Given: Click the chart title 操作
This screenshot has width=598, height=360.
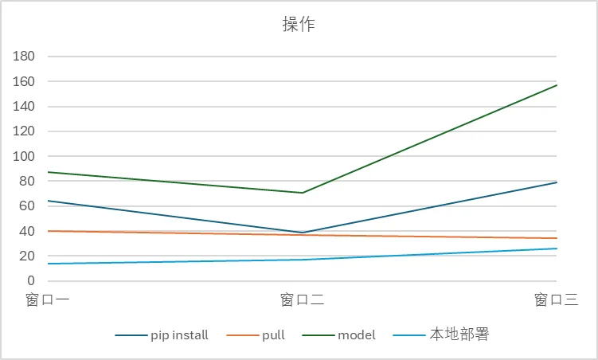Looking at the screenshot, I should (299, 25).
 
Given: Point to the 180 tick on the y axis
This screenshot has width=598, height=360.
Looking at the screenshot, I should (25, 57).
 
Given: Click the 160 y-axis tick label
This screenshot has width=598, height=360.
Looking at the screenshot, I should (25, 81).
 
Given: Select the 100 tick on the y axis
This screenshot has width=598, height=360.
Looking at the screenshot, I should (25, 156).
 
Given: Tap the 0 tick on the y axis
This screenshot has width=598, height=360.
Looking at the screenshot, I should (31, 281).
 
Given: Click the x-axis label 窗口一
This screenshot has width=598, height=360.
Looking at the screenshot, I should (48, 300).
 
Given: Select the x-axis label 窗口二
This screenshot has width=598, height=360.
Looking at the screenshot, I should (302, 300).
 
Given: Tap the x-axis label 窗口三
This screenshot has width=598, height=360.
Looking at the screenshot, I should (556, 300).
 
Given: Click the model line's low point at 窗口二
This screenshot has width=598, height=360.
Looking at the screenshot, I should (303, 193).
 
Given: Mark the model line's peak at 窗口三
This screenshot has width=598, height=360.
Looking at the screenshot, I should (557, 84).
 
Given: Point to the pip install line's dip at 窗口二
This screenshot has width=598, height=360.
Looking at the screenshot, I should (303, 233).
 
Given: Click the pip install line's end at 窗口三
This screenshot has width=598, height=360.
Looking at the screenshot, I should (557, 182).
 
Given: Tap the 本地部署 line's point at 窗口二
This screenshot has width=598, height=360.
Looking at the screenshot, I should (303, 260).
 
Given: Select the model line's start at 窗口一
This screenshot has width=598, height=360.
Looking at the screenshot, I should (49, 172).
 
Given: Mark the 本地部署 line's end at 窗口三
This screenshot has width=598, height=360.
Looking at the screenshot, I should (557, 248).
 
